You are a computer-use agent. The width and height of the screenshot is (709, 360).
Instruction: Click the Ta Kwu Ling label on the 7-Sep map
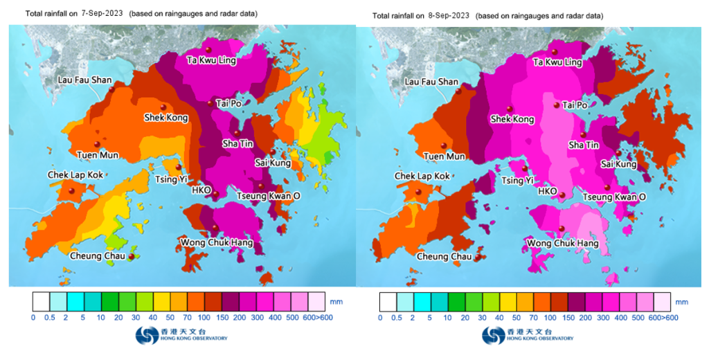pos(212,60)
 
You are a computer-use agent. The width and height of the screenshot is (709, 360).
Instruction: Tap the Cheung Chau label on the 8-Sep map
pos(444,257)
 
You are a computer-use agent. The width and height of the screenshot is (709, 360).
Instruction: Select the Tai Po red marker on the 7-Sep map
pos(210,103)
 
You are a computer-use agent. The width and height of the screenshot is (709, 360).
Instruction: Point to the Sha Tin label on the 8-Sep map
pos(583,145)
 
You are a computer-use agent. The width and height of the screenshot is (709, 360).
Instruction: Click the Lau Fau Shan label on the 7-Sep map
pos(84,80)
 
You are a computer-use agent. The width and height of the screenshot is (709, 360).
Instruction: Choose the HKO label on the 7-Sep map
pos(201,190)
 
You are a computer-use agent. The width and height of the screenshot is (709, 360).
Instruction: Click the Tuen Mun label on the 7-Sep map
pos(96,156)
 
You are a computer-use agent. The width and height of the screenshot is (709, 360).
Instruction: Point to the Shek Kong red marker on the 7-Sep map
pos(163,107)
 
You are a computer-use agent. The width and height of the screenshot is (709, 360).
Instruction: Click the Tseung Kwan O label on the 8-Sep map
pos(613,197)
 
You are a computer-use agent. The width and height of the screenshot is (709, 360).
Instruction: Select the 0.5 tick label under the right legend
pos(397,317)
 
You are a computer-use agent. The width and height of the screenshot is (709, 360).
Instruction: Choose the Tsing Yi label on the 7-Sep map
pos(170,180)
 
